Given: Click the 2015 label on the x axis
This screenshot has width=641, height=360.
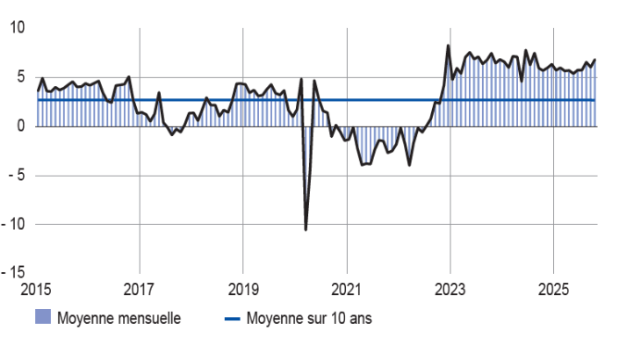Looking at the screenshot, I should [x=37, y=288].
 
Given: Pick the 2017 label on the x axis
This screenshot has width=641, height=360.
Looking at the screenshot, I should [x=140, y=288].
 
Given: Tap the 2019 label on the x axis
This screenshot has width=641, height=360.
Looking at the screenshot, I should [x=243, y=288].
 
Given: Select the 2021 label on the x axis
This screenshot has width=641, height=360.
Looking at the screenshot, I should [x=347, y=288].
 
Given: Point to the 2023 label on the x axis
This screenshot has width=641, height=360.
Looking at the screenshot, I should [x=450, y=288].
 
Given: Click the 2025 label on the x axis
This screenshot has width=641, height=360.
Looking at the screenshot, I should [x=553, y=288].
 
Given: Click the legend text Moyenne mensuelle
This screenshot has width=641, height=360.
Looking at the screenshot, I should [x=119, y=319].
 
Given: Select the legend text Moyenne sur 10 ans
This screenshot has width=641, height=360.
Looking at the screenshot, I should [x=309, y=319].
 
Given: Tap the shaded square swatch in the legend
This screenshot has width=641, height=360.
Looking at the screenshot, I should [x=43, y=318].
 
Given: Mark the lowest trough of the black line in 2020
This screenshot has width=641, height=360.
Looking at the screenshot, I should [x=306, y=229].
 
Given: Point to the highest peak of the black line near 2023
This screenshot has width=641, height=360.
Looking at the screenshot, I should [x=448, y=46].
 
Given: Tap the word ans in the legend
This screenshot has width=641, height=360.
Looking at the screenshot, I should [x=361, y=319].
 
